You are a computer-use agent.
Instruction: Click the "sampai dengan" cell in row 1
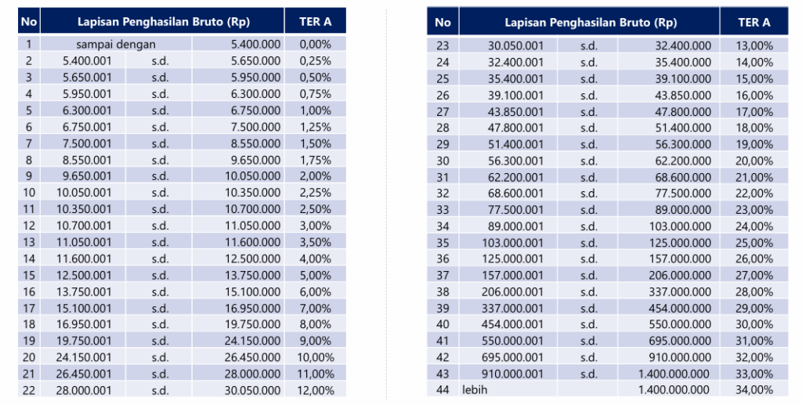tap(116, 44)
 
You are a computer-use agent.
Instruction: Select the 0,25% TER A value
tap(315, 60)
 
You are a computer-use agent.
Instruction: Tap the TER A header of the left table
tap(315, 21)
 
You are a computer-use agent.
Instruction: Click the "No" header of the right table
tap(443, 23)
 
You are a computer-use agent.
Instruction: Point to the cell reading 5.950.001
tap(87, 93)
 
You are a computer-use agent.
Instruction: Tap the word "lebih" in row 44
tap(475, 389)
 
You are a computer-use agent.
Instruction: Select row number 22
tap(28, 389)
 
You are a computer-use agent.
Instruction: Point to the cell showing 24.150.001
tap(87, 356)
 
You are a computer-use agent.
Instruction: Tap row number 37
tap(443, 274)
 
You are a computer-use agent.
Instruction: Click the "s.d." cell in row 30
tap(588, 159)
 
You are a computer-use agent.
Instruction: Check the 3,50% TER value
tap(315, 241)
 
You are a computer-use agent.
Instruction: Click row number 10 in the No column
tap(28, 192)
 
